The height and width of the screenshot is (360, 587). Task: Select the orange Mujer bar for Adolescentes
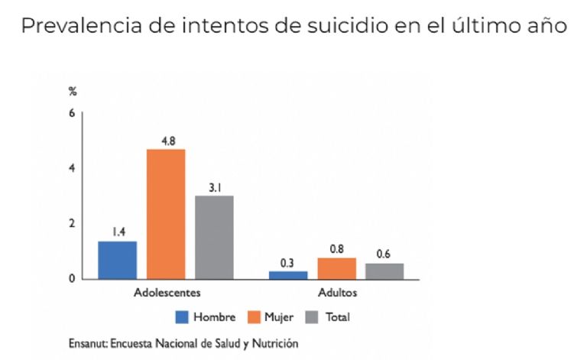(x=166, y=214)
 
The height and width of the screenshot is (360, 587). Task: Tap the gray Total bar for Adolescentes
(x=214, y=237)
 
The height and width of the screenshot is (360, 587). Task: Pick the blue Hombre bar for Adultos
(x=288, y=274)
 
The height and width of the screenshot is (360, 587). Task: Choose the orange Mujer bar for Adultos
(x=337, y=268)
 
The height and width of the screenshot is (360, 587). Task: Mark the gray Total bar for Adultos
(x=384, y=271)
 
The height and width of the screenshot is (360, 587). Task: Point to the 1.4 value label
(x=118, y=232)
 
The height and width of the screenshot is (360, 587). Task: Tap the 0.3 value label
(x=287, y=262)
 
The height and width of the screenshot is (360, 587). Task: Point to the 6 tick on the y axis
(x=72, y=113)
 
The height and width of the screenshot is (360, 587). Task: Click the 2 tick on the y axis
(x=72, y=223)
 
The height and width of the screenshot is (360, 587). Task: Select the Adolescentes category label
(x=167, y=293)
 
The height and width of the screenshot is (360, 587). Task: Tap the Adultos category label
(x=337, y=293)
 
